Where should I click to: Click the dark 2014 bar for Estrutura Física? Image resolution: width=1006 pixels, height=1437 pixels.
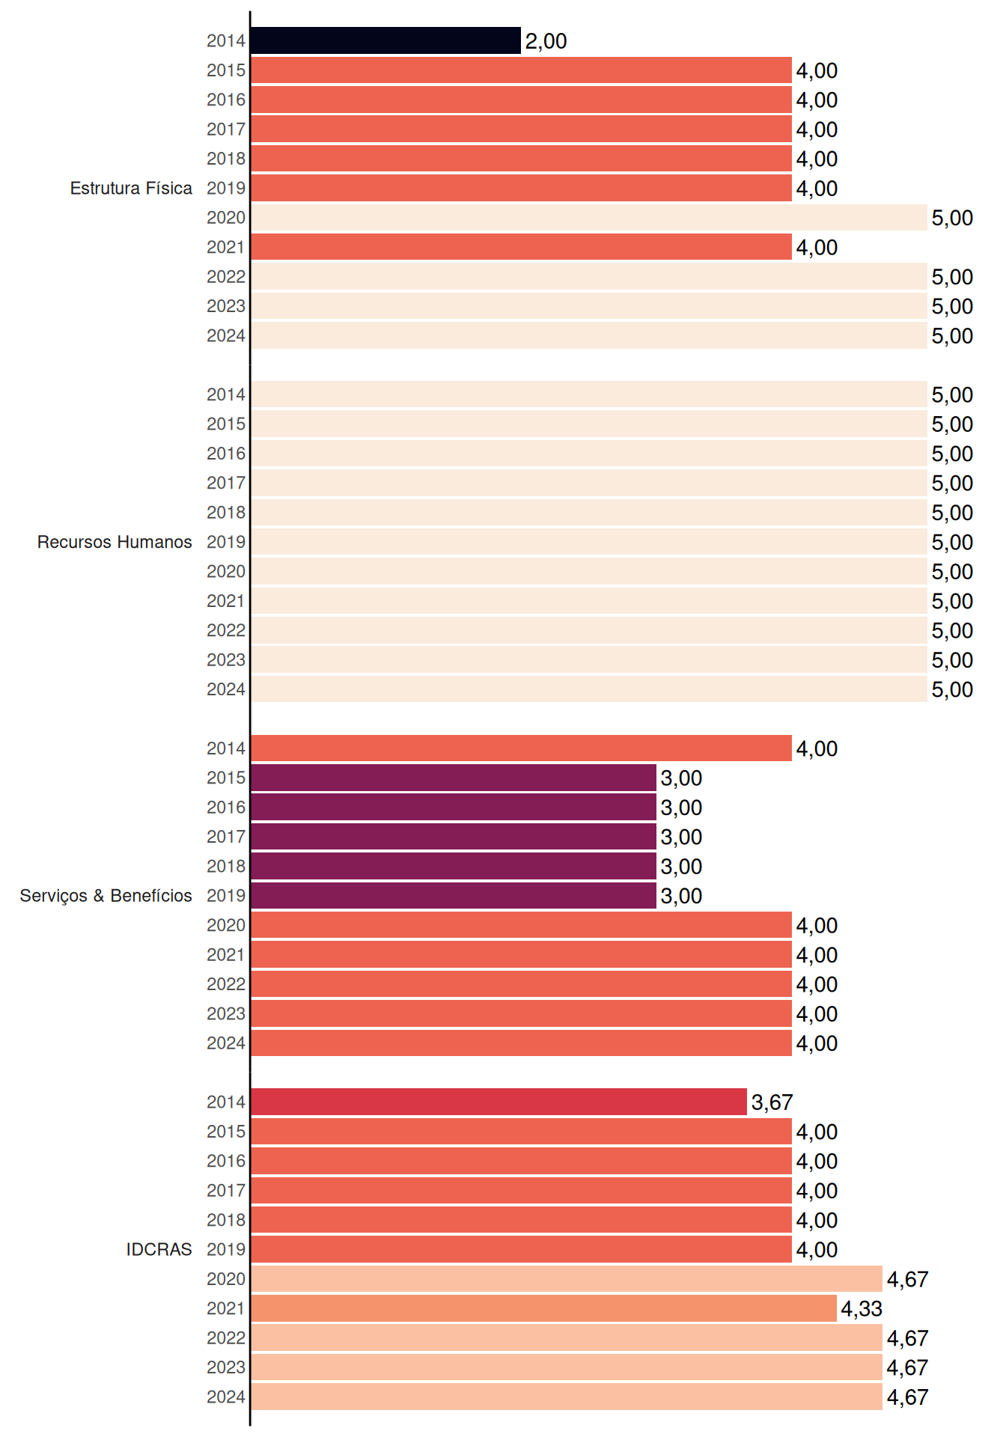[x=385, y=40]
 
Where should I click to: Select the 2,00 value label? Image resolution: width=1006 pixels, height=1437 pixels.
[x=546, y=41]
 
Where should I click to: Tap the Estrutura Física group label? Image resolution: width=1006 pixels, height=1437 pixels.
[x=131, y=188]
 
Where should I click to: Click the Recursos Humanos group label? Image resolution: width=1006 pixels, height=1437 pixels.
[x=115, y=542]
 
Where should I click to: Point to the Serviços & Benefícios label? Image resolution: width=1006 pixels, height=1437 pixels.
[x=106, y=896]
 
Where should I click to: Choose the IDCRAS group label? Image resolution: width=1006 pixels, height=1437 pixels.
[x=159, y=1249]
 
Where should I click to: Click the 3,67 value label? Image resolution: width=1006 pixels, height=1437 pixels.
[x=772, y=1102]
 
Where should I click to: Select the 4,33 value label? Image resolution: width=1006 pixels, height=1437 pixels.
[x=862, y=1309]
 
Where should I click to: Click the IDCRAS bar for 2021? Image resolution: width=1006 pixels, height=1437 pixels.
[x=543, y=1308]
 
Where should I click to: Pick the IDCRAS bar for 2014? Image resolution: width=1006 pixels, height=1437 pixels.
[x=499, y=1102]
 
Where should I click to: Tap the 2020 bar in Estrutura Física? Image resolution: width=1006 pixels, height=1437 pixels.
[x=589, y=217]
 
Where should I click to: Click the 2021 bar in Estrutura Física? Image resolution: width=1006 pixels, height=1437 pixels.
[x=521, y=247]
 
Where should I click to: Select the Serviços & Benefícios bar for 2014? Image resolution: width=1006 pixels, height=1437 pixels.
[x=521, y=748]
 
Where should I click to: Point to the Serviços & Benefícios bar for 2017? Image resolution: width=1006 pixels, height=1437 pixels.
[x=454, y=836]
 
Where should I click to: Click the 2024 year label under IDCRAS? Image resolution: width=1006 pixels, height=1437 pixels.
[x=226, y=1397]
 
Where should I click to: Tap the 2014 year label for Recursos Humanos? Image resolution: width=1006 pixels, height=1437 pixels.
[x=226, y=394]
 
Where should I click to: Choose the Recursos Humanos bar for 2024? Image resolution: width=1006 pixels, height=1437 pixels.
[x=589, y=689]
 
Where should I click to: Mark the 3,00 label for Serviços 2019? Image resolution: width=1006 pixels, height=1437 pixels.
[x=681, y=896]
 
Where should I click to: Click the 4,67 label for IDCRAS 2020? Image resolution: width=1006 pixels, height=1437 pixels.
[x=907, y=1279]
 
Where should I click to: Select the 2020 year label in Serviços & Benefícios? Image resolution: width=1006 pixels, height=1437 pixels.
[x=226, y=925]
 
